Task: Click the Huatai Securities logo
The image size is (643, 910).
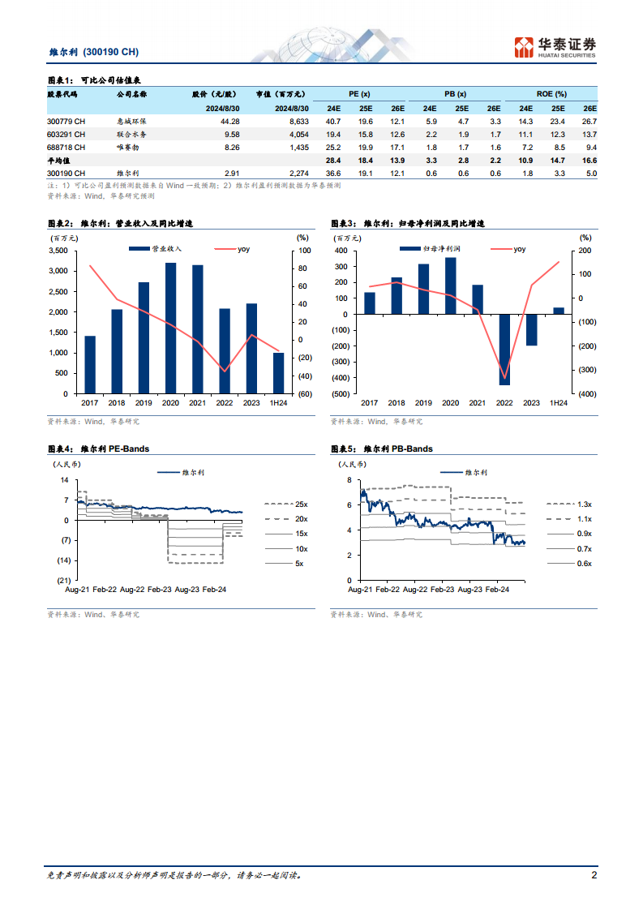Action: (555, 47)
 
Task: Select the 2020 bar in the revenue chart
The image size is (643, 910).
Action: (170, 328)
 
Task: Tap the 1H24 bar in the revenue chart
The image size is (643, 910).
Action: (279, 373)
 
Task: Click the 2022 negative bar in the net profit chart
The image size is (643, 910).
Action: (504, 350)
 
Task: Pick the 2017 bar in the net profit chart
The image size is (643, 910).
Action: (370, 303)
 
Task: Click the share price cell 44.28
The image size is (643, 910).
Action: (229, 122)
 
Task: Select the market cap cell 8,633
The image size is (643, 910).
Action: (299, 122)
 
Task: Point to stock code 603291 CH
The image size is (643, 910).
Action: (66, 134)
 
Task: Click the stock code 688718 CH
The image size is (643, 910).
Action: (66, 148)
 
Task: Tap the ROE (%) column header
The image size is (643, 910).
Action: (551, 94)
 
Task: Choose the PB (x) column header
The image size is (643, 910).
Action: (456, 94)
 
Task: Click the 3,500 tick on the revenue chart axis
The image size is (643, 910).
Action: (58, 251)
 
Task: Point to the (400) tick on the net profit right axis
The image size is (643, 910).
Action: (587, 394)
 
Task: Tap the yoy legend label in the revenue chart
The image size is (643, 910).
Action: (244, 249)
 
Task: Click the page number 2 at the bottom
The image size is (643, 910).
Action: (594, 875)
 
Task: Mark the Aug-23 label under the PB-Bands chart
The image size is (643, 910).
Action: (470, 590)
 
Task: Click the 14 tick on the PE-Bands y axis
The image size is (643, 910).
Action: (64, 480)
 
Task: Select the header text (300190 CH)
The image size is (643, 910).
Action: (111, 52)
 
